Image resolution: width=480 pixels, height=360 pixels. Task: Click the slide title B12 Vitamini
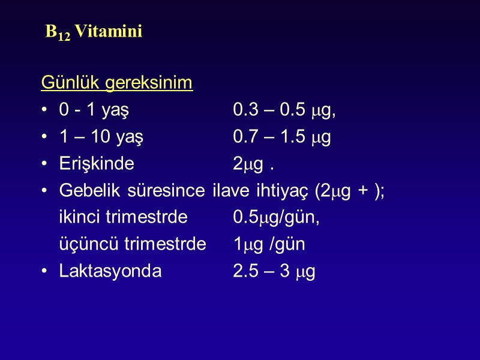coord(94,32)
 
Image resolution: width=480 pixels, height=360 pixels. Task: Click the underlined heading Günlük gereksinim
coord(117,83)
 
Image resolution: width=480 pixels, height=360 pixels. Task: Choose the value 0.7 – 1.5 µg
coord(282,137)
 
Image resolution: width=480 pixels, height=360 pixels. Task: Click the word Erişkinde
coord(97,164)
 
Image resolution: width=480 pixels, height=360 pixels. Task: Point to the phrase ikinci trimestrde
coord(123,218)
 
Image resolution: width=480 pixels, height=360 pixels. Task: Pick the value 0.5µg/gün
coord(276,218)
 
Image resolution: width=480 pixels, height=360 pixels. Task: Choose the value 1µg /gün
coord(269,245)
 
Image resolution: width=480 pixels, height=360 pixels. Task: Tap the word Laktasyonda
coord(110,272)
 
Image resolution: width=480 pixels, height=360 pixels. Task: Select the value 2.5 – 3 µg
coord(274,272)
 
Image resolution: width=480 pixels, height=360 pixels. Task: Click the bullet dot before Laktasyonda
coord(45,272)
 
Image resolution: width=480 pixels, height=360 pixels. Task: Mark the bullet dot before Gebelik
coord(45,191)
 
